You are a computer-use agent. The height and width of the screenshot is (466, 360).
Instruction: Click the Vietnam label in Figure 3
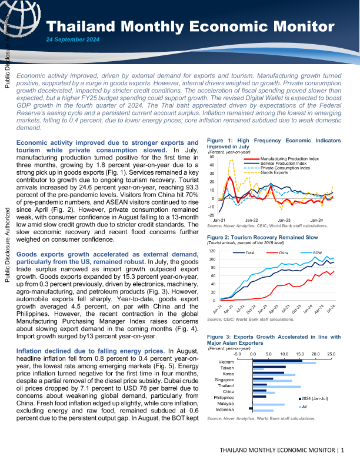point(226,361)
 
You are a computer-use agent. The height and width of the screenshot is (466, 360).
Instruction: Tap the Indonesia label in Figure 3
point(224,409)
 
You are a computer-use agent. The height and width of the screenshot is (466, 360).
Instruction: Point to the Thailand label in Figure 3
point(225,385)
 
